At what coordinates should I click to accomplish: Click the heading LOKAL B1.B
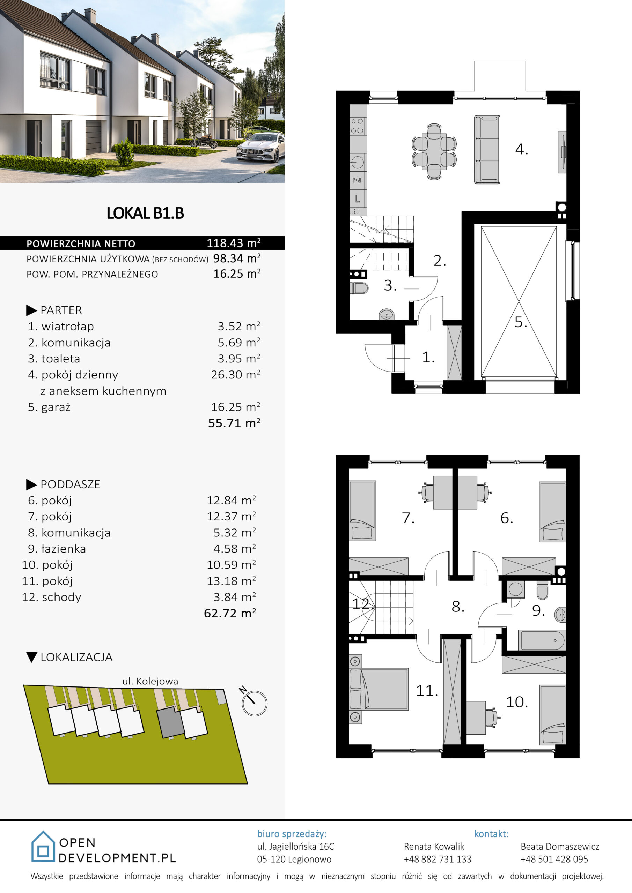[x=145, y=213]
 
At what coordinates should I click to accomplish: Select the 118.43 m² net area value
[x=234, y=243]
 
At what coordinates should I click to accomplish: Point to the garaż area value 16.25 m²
[x=236, y=407]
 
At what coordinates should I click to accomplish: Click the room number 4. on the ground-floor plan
[x=521, y=149]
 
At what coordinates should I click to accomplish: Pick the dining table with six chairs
[x=434, y=152]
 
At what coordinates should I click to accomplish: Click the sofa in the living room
[x=487, y=149]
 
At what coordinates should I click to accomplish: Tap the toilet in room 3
[x=359, y=288]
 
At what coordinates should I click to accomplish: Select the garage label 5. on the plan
[x=521, y=322]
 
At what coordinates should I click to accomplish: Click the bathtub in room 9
[x=541, y=640]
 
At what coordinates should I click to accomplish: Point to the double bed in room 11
[x=379, y=690]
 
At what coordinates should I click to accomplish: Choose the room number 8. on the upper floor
[x=458, y=606]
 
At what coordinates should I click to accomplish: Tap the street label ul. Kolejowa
[x=150, y=681]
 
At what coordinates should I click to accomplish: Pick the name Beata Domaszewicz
[x=560, y=846]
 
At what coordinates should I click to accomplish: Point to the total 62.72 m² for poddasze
[x=230, y=613]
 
